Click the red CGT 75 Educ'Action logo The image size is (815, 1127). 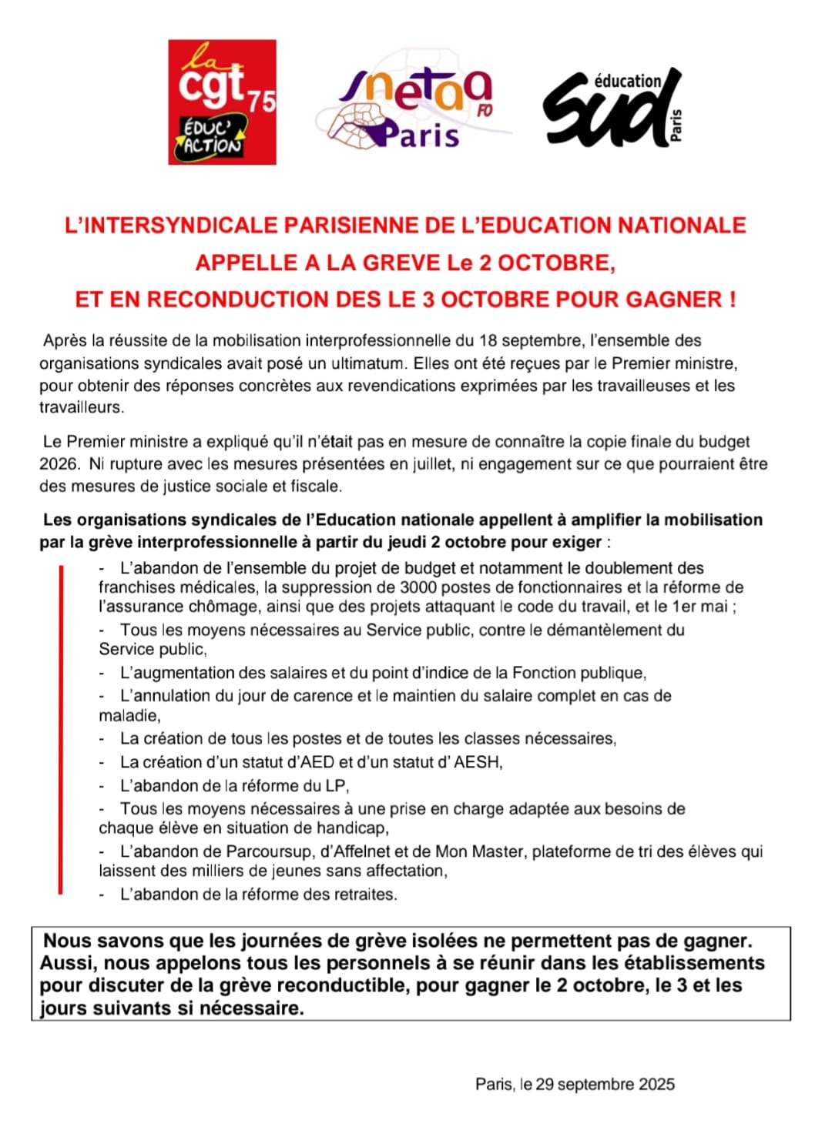click(222, 102)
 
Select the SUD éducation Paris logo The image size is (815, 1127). click(612, 108)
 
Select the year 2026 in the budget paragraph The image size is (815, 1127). click(59, 464)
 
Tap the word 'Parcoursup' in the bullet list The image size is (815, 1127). click(269, 852)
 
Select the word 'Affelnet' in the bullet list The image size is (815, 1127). click(366, 852)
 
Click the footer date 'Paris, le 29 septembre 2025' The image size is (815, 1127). click(575, 1085)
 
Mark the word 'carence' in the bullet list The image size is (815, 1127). click(365, 696)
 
